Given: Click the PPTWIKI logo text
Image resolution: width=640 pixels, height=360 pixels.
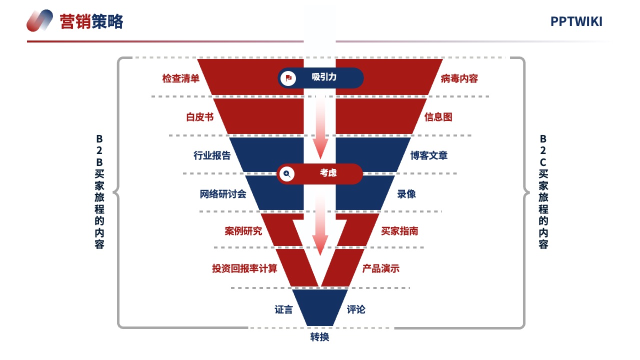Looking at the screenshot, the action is [x=576, y=21].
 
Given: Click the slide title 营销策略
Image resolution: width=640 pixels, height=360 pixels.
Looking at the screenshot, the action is [x=91, y=21].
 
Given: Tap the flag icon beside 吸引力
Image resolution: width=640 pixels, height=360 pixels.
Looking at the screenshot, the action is [x=288, y=78].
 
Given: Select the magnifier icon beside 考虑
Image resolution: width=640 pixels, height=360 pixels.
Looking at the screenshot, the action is [x=287, y=173].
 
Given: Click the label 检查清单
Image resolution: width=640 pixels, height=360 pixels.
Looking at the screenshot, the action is [x=181, y=78].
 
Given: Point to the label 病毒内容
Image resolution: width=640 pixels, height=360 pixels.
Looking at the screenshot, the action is [x=459, y=78].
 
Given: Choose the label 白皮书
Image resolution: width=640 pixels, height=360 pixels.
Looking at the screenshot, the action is [x=200, y=117].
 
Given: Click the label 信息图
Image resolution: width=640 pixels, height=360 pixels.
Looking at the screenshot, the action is [x=438, y=117].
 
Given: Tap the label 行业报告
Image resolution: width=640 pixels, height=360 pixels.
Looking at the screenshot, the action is [x=212, y=155].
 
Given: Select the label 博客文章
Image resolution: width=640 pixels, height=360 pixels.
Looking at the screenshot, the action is [x=429, y=155].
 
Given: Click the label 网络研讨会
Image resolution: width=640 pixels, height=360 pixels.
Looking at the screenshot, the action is [x=223, y=194].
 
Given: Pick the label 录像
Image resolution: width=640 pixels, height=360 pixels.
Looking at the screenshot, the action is [x=406, y=194].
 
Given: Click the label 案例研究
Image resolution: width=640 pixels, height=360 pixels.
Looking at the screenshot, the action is [x=243, y=231].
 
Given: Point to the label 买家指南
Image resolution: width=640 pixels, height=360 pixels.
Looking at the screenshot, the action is [x=399, y=231].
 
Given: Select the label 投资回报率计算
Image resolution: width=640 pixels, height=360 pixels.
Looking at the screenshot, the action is [x=244, y=268].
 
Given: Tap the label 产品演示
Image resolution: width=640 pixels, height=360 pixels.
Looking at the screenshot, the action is [x=381, y=268].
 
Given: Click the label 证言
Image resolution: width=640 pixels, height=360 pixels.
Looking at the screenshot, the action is [x=283, y=309].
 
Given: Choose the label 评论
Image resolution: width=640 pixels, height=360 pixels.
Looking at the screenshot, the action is [x=356, y=309].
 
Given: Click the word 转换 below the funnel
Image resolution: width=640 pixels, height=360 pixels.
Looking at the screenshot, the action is [x=319, y=337].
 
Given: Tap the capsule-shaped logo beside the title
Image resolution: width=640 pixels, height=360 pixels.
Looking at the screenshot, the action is [x=39, y=20].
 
